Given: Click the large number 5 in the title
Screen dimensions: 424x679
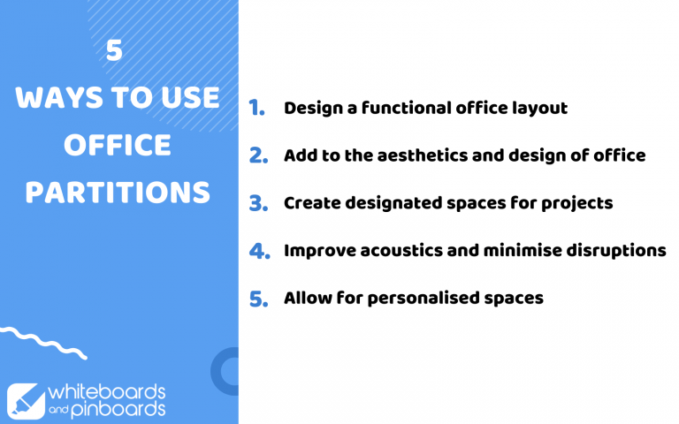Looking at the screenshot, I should point(114,52).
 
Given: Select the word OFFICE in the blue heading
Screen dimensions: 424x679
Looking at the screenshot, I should point(118,145).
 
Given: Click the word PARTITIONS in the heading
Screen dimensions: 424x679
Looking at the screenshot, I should point(118,192).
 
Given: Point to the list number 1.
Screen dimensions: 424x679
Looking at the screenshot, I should point(256,109).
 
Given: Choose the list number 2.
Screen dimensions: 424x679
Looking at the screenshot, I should point(257,155).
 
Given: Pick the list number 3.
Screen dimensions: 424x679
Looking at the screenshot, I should point(257,203).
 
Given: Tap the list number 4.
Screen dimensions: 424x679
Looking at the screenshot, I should point(258,251).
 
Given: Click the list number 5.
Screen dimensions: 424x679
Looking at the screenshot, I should point(257,299).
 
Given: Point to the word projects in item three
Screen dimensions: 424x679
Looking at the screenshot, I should point(576,203).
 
